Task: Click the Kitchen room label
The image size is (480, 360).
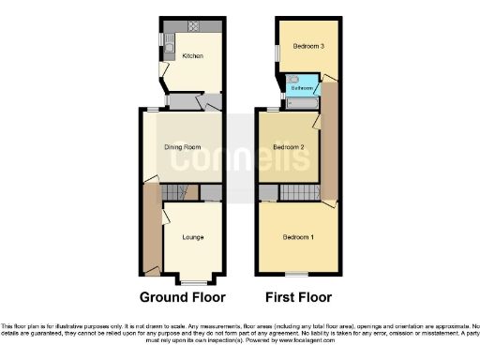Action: coord(192,56)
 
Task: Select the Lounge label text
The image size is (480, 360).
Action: coord(193,236)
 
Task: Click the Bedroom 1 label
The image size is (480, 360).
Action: coord(298,236)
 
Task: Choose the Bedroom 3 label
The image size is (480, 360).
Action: coord(307,46)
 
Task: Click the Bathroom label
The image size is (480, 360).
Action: coord(301,88)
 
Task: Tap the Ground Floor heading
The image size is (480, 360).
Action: coord(183,298)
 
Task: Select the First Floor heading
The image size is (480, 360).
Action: coord(293,298)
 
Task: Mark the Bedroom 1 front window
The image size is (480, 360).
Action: coord(298,274)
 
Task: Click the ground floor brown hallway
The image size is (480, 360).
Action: coord(150,230)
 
